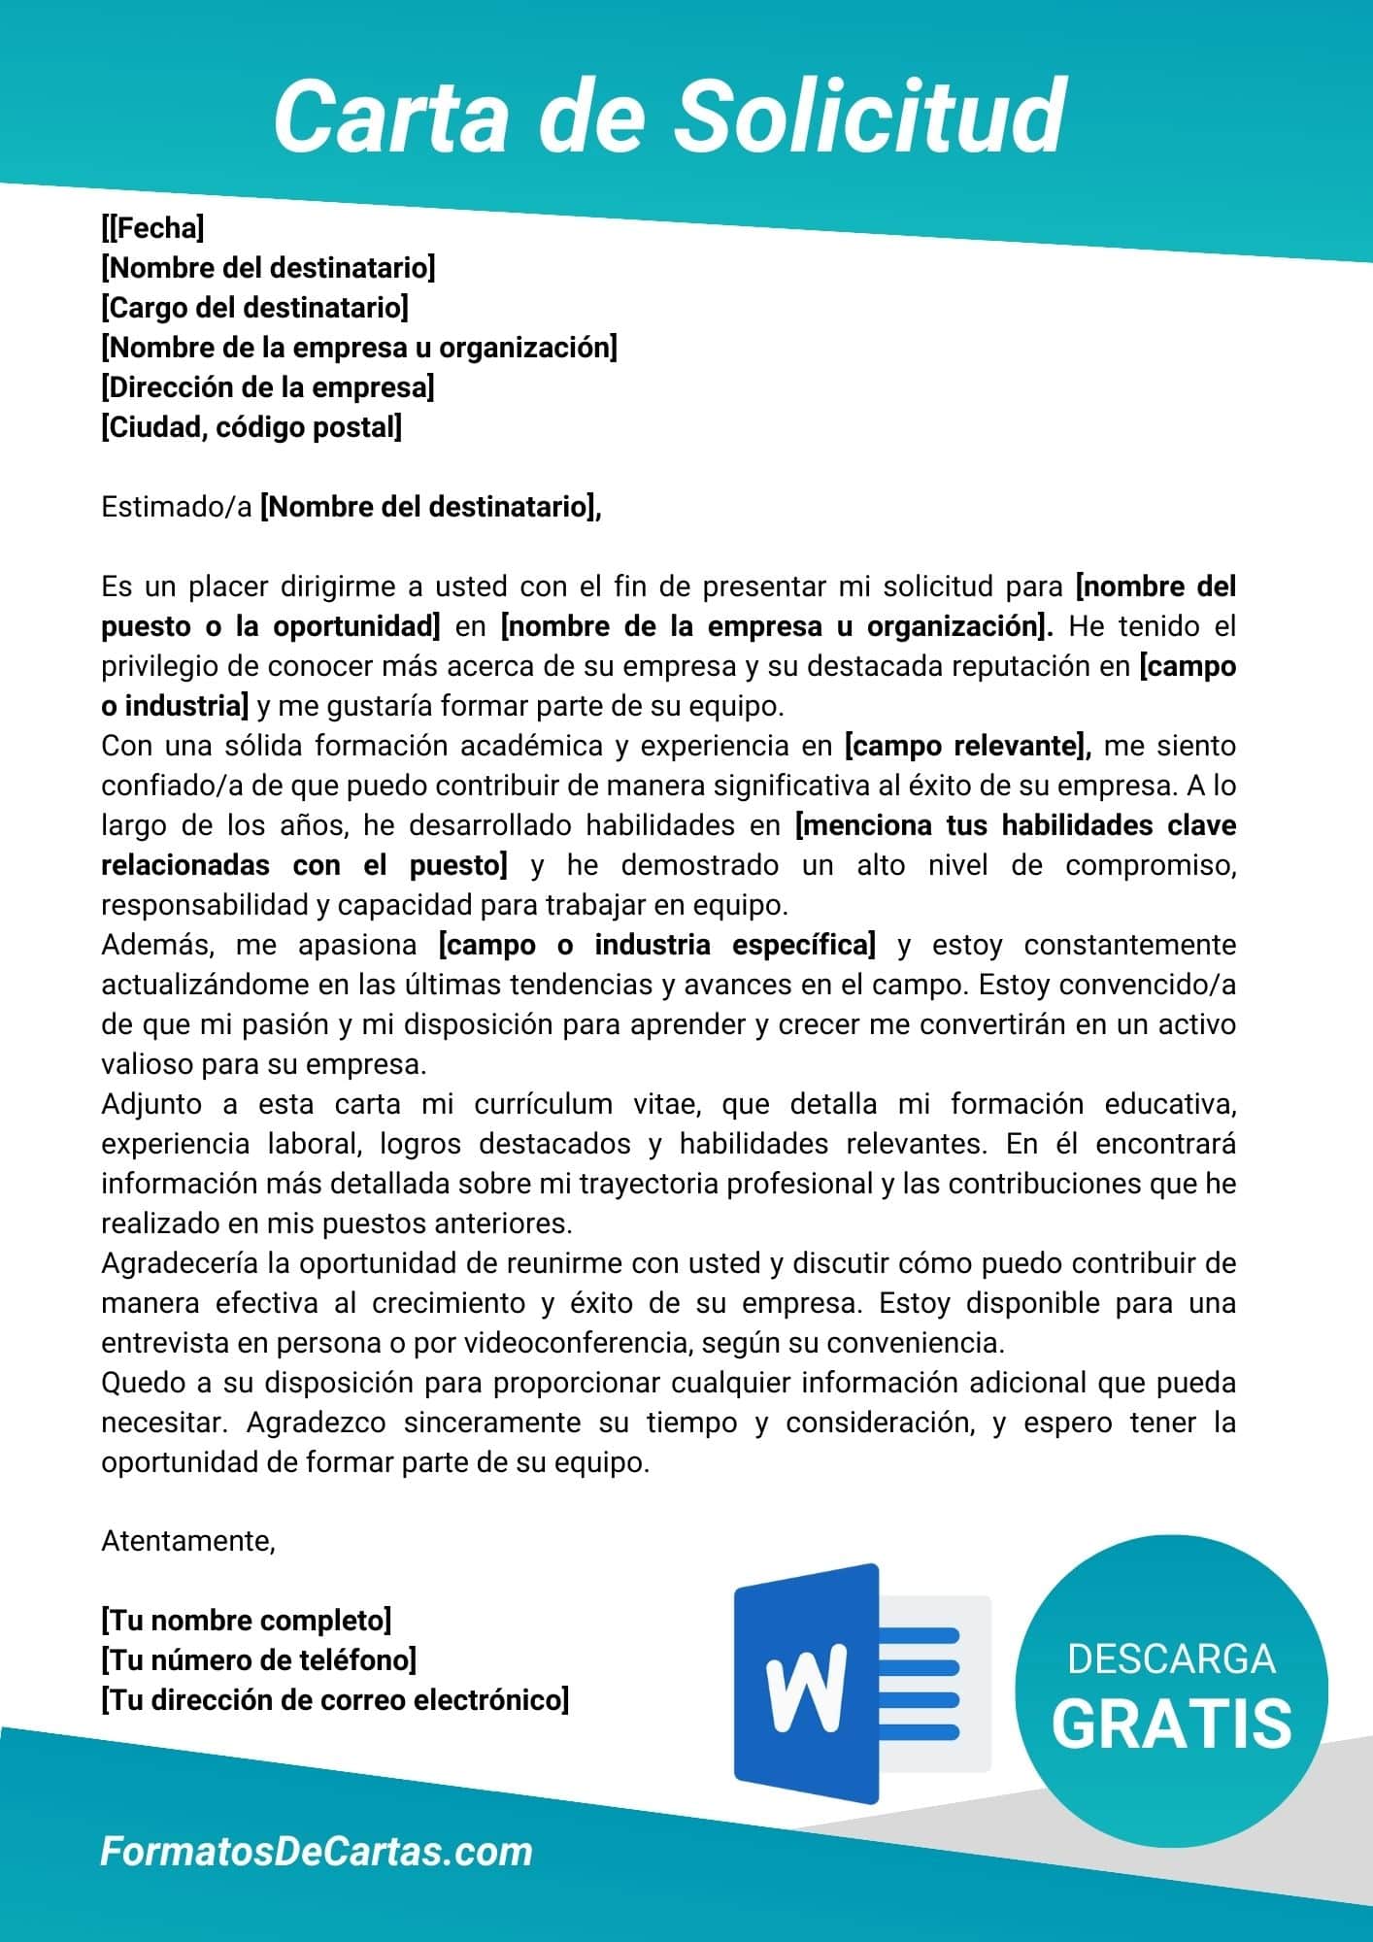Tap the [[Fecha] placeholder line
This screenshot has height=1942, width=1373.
point(152,228)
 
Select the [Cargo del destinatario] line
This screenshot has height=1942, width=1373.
point(254,308)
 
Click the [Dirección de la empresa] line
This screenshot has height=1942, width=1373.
point(267,387)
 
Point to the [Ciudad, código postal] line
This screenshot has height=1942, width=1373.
point(251,427)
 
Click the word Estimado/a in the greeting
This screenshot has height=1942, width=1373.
point(176,507)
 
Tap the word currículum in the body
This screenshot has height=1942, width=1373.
point(544,1104)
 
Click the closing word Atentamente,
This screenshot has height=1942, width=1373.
point(188,1541)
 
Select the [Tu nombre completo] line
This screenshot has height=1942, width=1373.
point(246,1620)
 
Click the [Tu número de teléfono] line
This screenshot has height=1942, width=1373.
point(258,1660)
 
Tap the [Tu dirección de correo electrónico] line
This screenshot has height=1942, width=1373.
point(335,1700)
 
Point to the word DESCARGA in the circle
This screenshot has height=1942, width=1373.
point(1170,1658)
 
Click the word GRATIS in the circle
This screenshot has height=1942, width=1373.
point(1171,1724)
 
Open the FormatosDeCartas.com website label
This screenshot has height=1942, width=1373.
point(317,1852)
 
